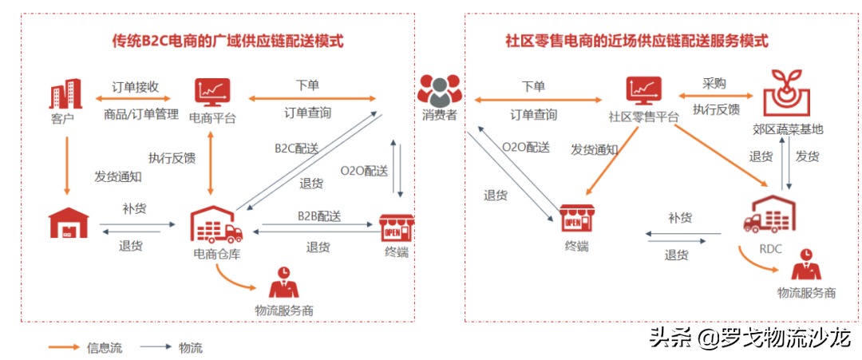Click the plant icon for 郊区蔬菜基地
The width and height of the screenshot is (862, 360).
785,90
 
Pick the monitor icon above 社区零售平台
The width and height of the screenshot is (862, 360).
643,92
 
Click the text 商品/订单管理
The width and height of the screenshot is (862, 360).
140,114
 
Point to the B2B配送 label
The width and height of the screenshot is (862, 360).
319,216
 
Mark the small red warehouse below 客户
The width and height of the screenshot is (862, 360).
67,223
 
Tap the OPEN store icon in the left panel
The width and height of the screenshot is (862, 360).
396,227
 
